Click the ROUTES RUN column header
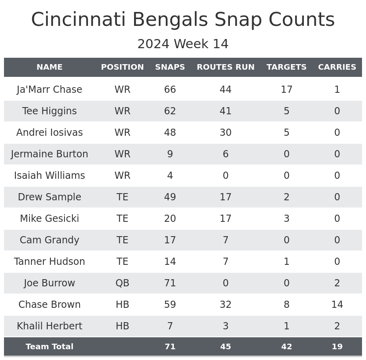226,67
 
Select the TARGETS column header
286,67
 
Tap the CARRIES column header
337,67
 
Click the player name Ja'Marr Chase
49,90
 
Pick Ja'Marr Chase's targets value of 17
286,90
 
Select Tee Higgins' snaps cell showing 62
170,111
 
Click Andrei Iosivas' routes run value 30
226,133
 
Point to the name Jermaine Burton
49,154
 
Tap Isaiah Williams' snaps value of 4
170,176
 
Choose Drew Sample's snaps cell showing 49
170,197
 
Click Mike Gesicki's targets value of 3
286,219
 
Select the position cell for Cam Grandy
122,240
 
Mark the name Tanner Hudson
49,262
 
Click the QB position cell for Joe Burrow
122,283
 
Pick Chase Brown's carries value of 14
337,305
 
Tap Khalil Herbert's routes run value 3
226,326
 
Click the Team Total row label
49,347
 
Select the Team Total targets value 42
286,347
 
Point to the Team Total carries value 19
337,347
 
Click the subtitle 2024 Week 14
183,44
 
